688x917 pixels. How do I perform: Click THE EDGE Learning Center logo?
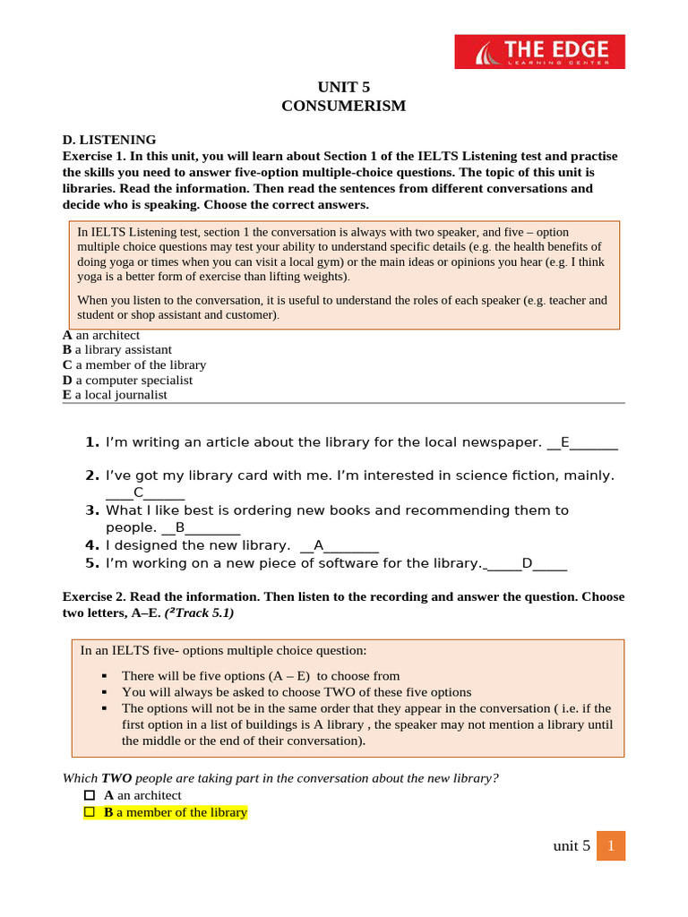tap(539, 52)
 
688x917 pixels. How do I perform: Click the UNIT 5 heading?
tap(343, 87)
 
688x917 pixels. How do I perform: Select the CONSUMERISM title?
tap(343, 106)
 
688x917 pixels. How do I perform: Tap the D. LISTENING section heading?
tap(108, 140)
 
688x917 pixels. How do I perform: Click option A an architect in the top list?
tap(101, 335)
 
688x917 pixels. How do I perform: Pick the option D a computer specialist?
tap(127, 380)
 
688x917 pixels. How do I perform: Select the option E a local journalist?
tap(115, 394)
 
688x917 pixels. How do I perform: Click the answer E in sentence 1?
tap(564, 442)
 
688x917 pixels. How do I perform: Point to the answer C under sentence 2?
tap(138, 493)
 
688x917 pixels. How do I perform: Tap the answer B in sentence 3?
tap(180, 527)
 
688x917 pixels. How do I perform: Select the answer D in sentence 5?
tap(527, 563)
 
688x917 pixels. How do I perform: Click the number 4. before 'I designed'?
tap(91, 545)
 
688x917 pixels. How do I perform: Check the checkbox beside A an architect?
tap(89, 795)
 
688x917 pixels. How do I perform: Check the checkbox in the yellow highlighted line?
tap(89, 812)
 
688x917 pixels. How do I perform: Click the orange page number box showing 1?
tap(610, 845)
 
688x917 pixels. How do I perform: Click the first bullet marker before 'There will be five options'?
tap(105, 676)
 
